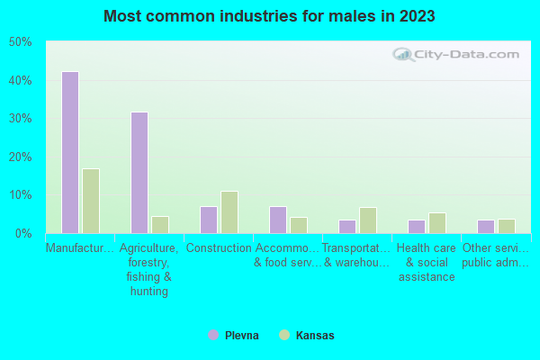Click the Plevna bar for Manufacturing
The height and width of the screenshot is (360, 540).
tap(69, 152)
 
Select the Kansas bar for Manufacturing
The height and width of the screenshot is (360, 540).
tap(90, 201)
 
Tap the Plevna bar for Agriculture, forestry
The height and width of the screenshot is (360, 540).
tap(139, 173)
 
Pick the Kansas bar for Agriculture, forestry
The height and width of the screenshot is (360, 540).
tap(160, 224)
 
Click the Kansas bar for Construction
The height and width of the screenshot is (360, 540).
tap(229, 211)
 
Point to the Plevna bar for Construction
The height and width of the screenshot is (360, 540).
tap(209, 220)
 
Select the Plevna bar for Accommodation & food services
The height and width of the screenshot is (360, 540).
tap(278, 220)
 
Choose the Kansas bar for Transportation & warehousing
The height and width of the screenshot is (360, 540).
tap(368, 220)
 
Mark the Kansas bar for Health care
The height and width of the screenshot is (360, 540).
tap(437, 222)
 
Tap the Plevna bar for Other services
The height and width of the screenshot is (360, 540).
tap(486, 226)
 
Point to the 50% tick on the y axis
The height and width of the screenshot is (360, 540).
tap(21, 42)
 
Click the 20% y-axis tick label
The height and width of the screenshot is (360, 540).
tap(21, 157)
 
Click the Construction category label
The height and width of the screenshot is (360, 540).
tap(220, 248)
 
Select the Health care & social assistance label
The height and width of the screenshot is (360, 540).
tap(427, 263)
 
